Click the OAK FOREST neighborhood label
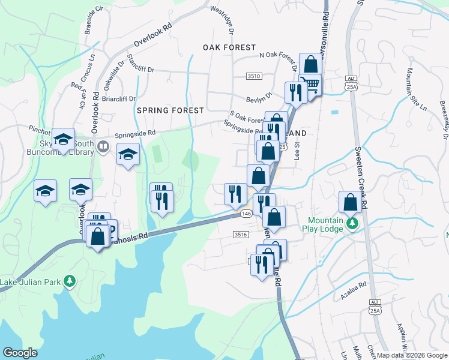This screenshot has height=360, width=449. (229, 47)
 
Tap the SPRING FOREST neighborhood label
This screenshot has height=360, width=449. (170, 110)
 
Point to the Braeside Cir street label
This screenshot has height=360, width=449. (95, 22)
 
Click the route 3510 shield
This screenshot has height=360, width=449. (254, 76)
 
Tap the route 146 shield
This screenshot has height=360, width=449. (246, 213)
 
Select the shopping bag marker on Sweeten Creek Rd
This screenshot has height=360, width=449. (350, 202)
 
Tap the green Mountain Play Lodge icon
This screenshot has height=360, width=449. (353, 224)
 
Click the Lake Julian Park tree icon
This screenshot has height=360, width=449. (70, 280)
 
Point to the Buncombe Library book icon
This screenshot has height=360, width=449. (103, 146)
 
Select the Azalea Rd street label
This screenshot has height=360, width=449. (353, 287)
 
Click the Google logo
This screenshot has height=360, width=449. (20, 353)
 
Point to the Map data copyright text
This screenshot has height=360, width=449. (411, 355)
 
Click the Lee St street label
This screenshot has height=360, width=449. (297, 154)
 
